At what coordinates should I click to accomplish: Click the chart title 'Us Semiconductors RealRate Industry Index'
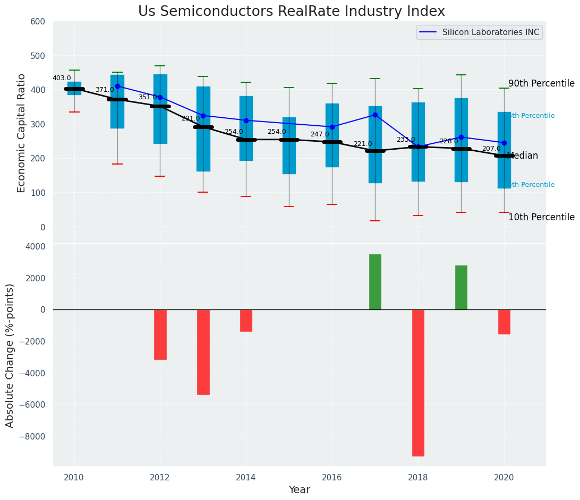291,12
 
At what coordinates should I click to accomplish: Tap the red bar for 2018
418,383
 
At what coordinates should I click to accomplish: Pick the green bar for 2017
375,282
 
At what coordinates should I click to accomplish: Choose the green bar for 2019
461,287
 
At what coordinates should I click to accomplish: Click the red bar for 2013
203,352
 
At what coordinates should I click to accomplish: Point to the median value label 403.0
62,79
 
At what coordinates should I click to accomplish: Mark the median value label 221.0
363,144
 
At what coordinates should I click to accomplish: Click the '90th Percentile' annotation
541,84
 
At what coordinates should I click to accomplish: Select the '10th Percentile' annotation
541,218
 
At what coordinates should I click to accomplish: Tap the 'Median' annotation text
523,156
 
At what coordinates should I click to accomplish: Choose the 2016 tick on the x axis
332,478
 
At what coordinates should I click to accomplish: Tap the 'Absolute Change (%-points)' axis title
10,356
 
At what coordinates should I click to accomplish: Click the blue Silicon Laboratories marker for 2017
375,115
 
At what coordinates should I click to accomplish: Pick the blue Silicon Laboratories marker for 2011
117,86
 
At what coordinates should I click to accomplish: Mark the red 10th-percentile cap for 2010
74,112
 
